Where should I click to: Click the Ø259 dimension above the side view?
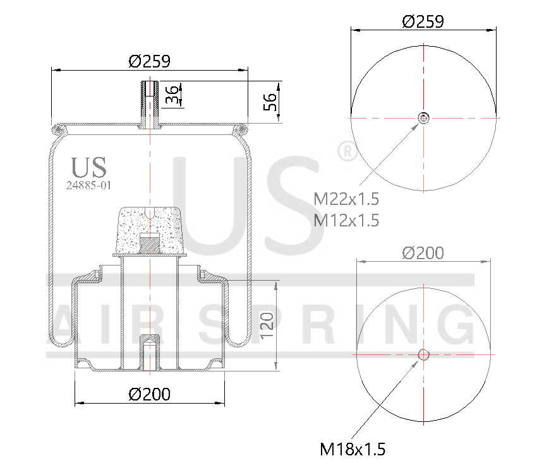149,61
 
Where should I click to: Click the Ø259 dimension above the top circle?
423,21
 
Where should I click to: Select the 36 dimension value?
171,94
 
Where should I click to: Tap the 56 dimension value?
270,101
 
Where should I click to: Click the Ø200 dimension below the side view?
149,394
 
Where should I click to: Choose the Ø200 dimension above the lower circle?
423,253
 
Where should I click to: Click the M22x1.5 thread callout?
347,199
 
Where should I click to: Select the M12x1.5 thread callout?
347,220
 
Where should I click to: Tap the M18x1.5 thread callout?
353,449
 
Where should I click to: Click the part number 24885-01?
88,185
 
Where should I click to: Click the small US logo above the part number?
89,167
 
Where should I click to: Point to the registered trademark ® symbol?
346,152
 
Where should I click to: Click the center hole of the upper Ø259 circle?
423,117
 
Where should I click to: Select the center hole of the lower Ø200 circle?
423,355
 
